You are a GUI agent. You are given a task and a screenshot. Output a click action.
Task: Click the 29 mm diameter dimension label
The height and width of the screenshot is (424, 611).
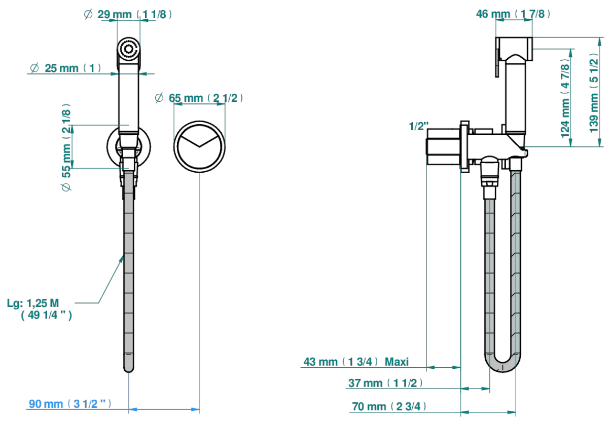(128, 14)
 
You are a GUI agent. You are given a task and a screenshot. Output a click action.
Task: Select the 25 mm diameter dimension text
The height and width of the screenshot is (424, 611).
(66, 68)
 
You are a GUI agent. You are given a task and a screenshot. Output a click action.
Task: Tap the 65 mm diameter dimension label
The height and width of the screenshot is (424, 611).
(199, 98)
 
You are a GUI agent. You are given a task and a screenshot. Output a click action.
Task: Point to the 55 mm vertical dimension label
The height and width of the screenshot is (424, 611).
(66, 147)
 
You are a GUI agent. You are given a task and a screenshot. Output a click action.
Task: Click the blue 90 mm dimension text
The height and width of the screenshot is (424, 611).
(70, 404)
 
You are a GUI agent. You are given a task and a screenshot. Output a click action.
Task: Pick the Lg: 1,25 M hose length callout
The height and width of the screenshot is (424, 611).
(40, 309)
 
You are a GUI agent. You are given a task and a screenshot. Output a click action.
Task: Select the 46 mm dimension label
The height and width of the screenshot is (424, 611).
(513, 14)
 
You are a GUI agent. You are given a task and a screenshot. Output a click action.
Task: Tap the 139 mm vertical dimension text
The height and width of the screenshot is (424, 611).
(594, 92)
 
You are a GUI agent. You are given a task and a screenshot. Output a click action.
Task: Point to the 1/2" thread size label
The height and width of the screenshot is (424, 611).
(419, 126)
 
